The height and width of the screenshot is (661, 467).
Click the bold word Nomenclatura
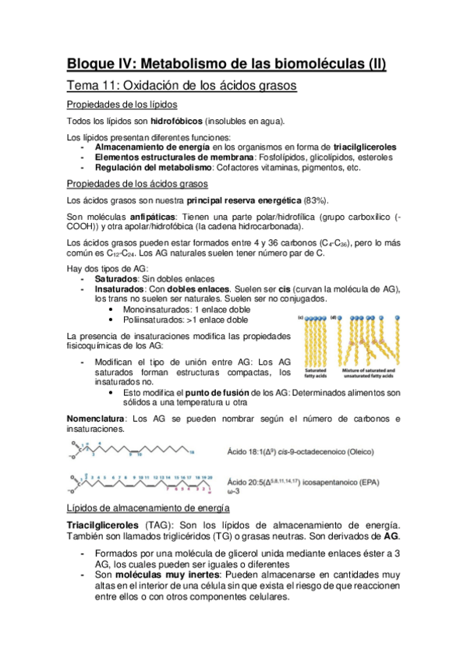(98, 419)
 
